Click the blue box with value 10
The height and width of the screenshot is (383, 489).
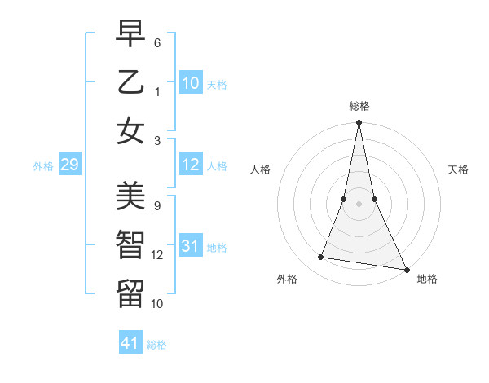click(191, 83)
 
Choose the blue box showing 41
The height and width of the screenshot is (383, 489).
click(130, 343)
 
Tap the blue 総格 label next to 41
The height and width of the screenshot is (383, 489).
click(156, 345)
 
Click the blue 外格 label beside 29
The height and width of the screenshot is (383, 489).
click(43, 166)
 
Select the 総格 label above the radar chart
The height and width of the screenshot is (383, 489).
click(359, 107)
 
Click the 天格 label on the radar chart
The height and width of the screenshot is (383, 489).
click(459, 169)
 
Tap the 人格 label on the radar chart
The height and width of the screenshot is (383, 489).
click(260, 169)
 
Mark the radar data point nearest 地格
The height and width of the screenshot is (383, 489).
click(406, 269)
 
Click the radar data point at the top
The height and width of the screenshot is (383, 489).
click(359, 123)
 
